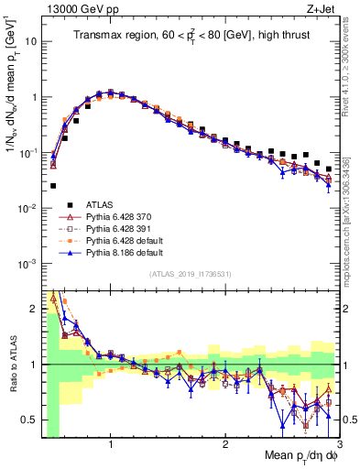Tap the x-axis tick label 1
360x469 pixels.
111,445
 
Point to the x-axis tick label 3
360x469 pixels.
339,445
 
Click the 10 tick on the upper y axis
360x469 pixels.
30,41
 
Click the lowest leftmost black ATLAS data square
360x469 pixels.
53,185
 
